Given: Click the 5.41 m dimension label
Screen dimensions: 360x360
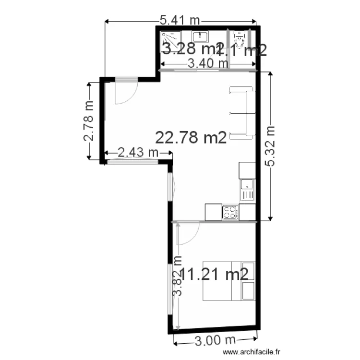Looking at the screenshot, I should tap(180, 20).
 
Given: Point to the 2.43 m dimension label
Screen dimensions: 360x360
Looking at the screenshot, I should tap(138, 153).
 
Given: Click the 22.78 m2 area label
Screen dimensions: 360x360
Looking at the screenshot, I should tap(191, 138).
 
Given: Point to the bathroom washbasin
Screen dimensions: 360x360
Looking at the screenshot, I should tap(200, 36).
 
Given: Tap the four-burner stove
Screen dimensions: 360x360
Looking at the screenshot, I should tap(230, 212).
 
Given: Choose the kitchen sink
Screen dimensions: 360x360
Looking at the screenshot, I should tap(247, 189).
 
